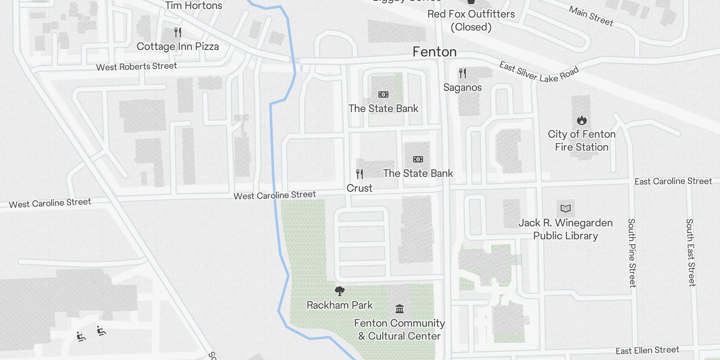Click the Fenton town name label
point(435,52)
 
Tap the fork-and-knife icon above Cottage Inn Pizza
point(178,32)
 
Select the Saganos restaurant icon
point(463,73)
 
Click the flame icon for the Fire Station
point(581,120)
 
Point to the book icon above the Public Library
point(566,208)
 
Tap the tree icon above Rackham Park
point(340,291)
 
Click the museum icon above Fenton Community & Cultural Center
point(400,309)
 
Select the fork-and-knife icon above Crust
point(360,174)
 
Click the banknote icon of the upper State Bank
point(383,94)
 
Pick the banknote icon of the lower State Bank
point(418,159)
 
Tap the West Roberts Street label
point(136,67)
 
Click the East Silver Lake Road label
point(539,72)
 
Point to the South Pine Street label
point(632,253)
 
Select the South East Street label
point(690,252)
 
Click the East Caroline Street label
point(673,181)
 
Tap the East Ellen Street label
point(647,351)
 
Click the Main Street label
point(591,16)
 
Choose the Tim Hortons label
point(193,6)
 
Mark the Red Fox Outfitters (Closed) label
point(471,20)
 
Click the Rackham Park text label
point(340,305)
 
